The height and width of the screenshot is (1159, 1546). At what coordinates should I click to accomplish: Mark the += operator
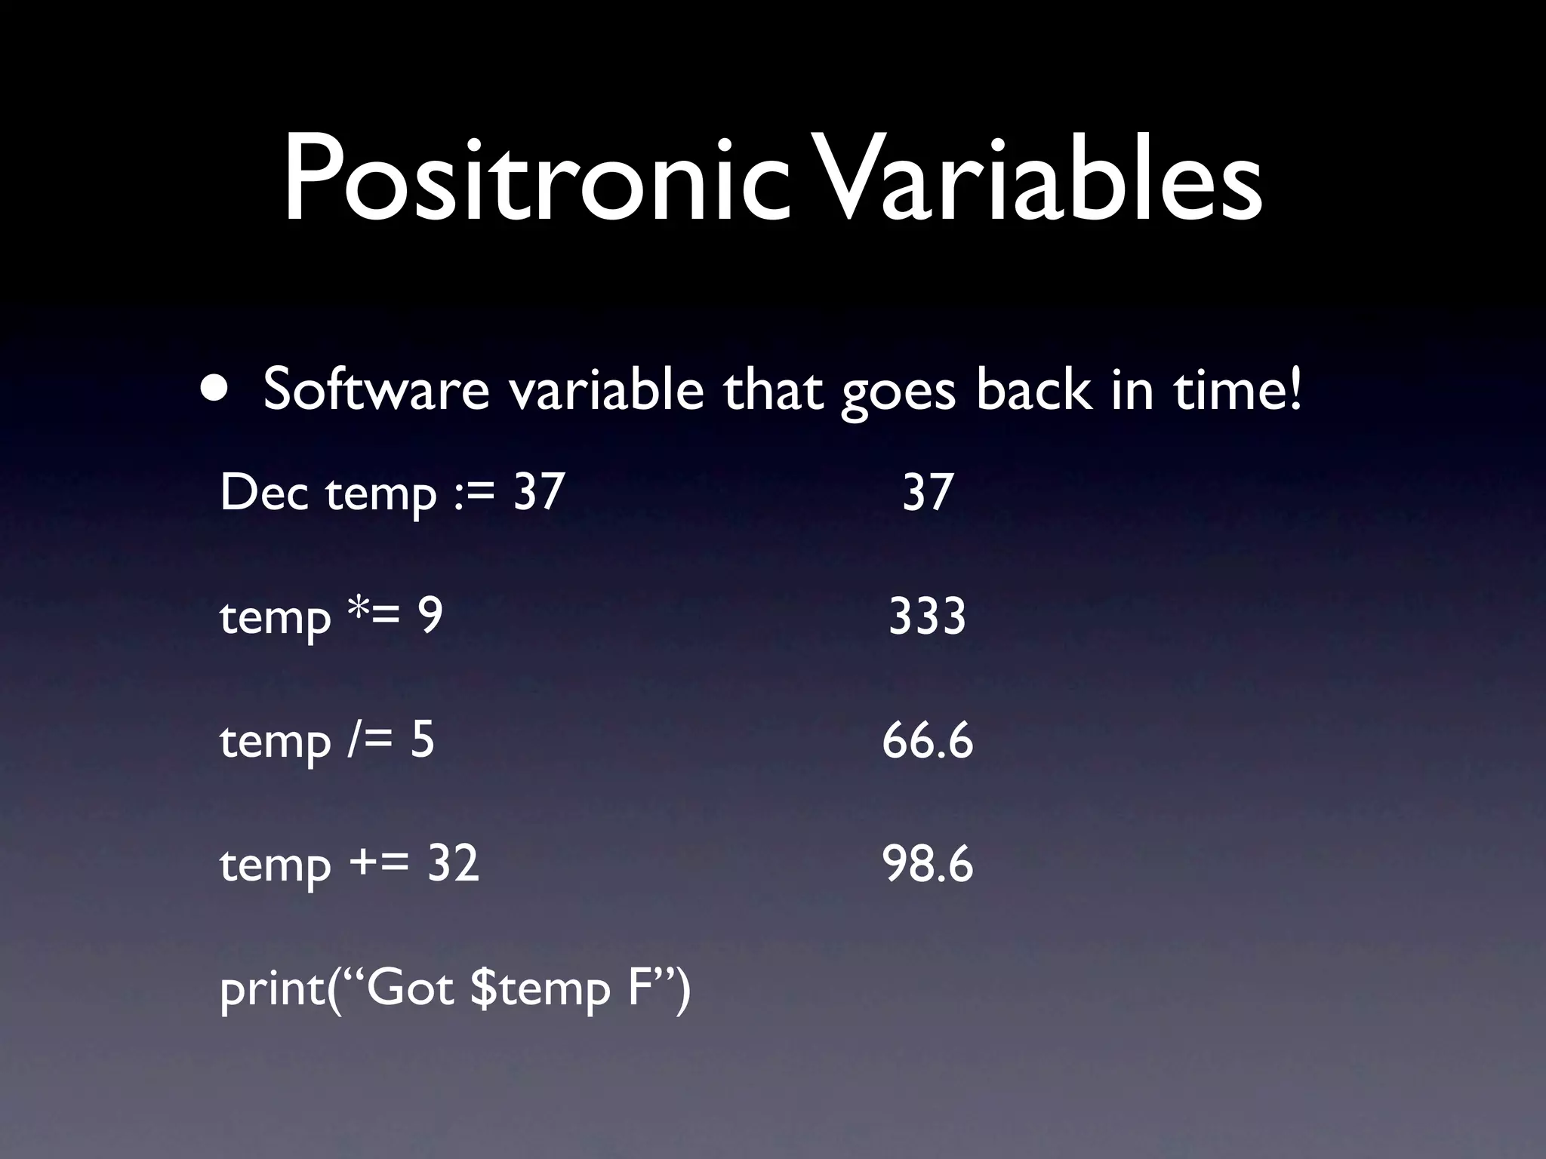tap(380, 864)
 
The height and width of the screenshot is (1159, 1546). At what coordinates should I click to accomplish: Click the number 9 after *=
tap(430, 616)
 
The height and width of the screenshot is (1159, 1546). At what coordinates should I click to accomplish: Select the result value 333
tap(927, 616)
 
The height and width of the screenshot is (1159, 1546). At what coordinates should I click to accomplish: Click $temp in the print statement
tap(539, 989)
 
